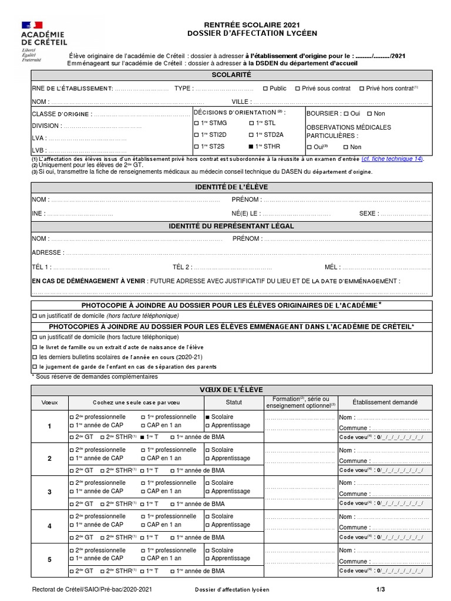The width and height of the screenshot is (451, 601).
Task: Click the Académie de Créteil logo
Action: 44,38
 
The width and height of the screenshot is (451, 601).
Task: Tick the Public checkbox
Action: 265,89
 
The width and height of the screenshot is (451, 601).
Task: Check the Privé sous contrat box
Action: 297,89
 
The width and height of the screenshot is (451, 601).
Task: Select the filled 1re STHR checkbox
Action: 251,147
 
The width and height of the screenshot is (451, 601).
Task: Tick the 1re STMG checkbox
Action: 196,123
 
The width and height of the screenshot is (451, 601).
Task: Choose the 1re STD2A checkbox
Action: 251,135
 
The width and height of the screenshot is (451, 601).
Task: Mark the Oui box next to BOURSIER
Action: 346,114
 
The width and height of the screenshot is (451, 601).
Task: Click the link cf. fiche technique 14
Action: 392,159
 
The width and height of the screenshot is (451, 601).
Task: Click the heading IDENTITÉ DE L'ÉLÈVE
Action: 231,187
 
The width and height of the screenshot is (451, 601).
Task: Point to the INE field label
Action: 38,214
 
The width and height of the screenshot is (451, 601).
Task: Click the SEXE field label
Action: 369,214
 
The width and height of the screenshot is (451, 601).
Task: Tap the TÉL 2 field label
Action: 182,267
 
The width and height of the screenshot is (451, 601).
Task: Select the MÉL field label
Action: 332,267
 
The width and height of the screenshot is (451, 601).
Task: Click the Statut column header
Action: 234,403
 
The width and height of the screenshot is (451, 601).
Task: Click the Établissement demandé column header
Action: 385,403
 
